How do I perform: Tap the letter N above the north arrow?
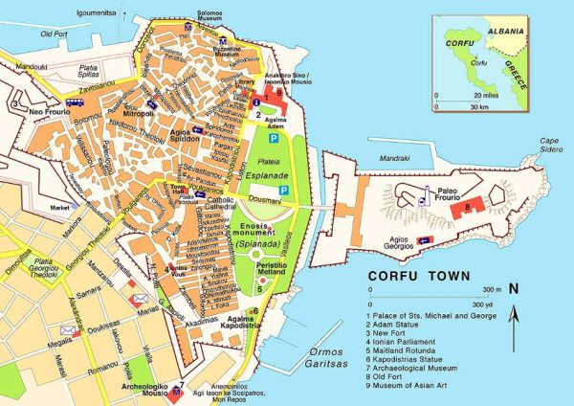pyautogui.click(x=514, y=288)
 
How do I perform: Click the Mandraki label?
pyautogui.click(x=393, y=157)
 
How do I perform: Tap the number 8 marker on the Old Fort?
pyautogui.click(x=466, y=206)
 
